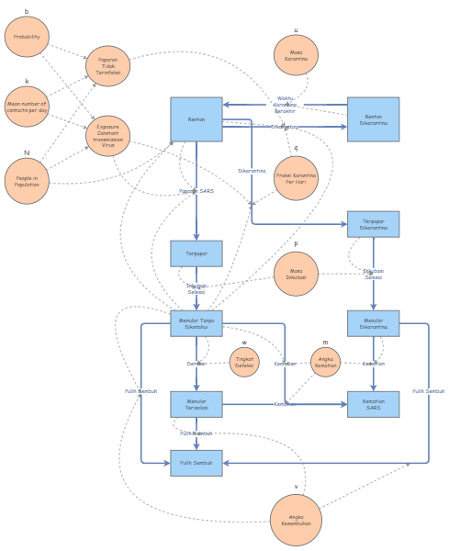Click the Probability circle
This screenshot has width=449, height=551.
click(27, 37)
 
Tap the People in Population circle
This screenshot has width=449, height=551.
click(27, 181)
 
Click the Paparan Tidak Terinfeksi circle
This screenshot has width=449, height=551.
click(108, 66)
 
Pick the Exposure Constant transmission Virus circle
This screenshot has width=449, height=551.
click(108, 136)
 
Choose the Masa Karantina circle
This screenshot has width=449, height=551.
click(296, 55)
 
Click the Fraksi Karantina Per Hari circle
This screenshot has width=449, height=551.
click(296, 178)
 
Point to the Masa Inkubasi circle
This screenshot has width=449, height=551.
click(296, 274)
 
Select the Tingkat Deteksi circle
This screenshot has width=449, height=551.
click(244, 362)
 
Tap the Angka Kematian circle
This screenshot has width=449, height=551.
click(325, 362)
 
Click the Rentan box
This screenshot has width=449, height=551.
click(196, 119)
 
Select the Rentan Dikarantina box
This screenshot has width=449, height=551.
click(373, 119)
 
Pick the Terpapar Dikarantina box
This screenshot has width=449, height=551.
click(373, 225)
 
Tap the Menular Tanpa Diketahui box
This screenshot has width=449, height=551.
click(196, 323)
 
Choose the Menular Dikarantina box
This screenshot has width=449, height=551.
click(373, 323)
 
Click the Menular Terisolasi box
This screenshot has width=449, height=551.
click(196, 404)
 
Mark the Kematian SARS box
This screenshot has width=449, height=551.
click(373, 404)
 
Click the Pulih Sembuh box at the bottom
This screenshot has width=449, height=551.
click(196, 463)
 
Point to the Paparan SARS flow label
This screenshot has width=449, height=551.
click(196, 191)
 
